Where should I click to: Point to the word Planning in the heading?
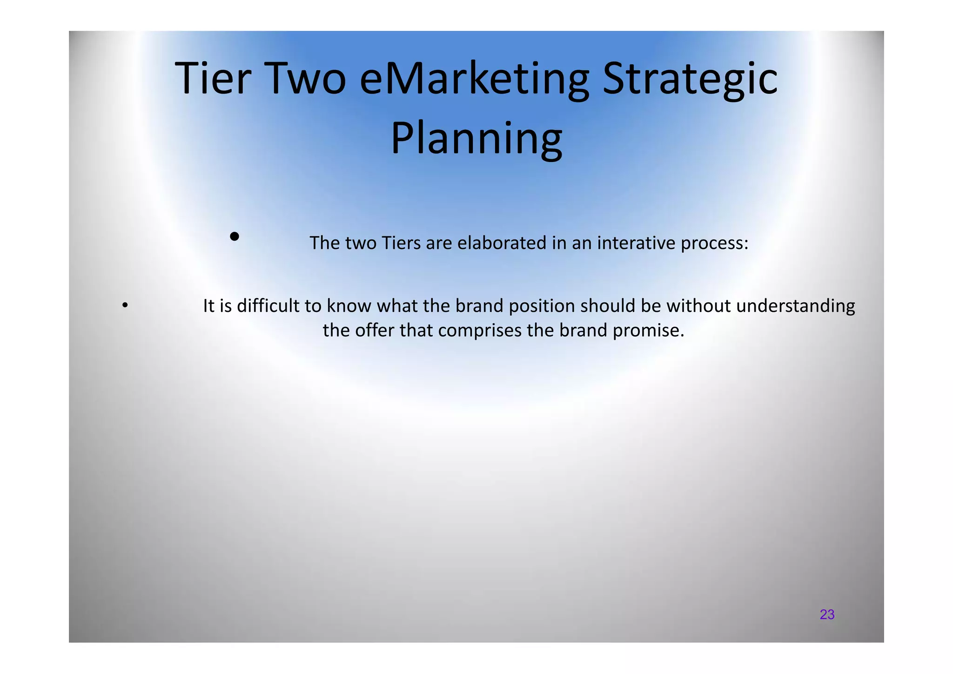[x=476, y=139]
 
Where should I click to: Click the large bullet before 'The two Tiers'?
[x=235, y=237]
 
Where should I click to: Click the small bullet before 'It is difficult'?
[x=124, y=306]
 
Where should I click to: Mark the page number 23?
[x=827, y=614]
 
